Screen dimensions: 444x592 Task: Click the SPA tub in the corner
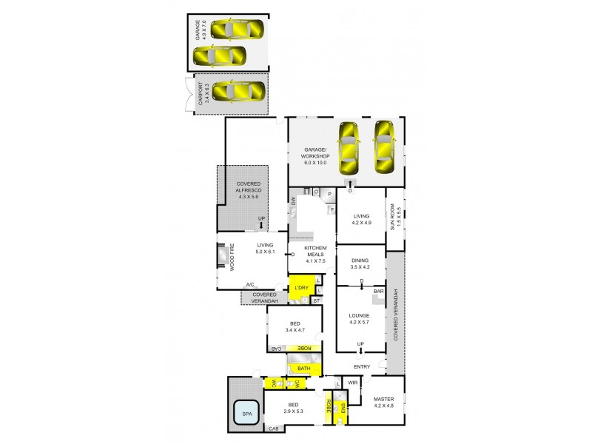(246, 414)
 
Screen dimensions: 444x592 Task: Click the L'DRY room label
(301, 287)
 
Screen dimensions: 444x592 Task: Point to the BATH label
(303, 368)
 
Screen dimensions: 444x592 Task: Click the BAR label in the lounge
(378, 292)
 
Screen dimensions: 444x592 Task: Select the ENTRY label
(362, 367)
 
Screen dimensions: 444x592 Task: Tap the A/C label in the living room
(250, 284)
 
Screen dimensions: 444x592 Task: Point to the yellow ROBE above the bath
(303, 349)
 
